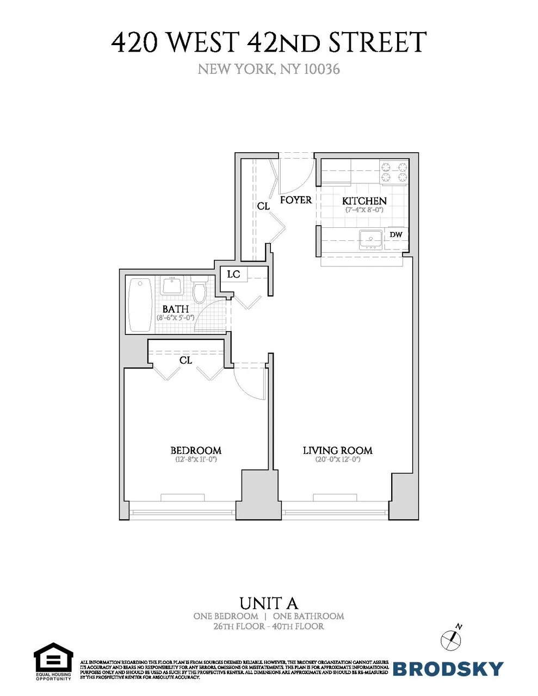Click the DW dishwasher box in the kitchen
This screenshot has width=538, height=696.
point(396,235)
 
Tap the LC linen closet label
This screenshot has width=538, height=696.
point(233,274)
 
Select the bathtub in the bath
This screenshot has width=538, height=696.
point(140,304)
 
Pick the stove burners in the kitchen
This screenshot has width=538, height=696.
point(393,172)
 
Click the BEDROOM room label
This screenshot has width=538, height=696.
point(196,450)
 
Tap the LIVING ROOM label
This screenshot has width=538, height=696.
point(337,450)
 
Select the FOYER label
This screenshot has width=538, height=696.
point(296,200)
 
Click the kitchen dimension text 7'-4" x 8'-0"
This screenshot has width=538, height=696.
point(364,209)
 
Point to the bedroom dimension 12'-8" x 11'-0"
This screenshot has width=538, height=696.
point(196,459)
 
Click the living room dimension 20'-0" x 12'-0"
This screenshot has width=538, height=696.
point(337,459)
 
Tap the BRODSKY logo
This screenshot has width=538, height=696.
point(448,668)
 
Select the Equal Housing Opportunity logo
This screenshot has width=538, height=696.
point(53,661)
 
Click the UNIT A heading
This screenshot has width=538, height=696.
point(269,603)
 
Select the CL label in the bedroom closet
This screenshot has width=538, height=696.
point(185,360)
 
